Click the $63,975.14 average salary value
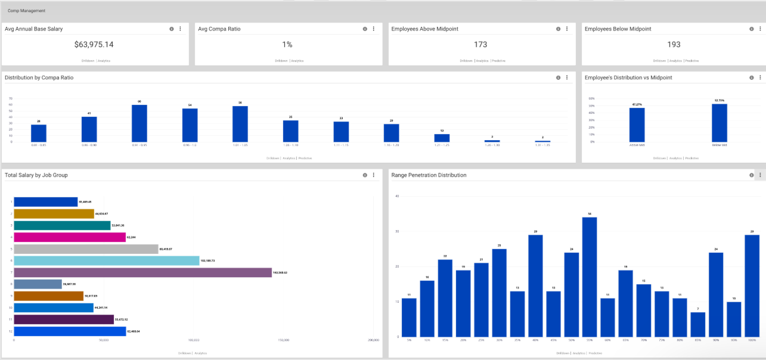tap(94, 45)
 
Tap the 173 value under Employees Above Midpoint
tap(480, 45)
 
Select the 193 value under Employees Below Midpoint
tap(674, 45)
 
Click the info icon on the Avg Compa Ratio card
tap(365, 29)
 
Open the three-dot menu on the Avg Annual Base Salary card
tap(180, 29)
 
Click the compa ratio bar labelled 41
tap(89, 129)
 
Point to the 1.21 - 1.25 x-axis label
tap(442, 145)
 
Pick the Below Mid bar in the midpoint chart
tap(720, 123)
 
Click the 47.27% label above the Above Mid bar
tap(637, 105)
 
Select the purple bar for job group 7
tap(142, 272)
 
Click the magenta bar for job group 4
tap(70, 237)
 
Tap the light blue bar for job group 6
tap(106, 260)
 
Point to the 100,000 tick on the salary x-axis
tap(193, 340)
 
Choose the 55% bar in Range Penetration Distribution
tap(590, 277)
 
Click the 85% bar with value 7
tap(698, 324)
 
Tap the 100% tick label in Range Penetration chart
tap(752, 340)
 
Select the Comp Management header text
tap(23, 11)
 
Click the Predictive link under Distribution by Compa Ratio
tap(305, 158)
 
